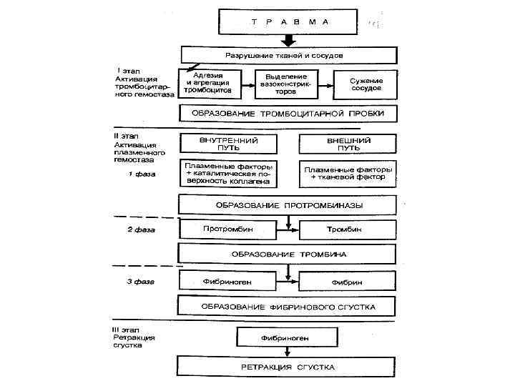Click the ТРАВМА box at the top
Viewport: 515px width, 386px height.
point(290,23)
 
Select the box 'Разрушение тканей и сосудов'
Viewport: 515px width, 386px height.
point(288,55)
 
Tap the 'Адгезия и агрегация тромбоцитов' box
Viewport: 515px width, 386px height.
point(209,84)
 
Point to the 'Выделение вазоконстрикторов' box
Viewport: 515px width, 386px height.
point(286,84)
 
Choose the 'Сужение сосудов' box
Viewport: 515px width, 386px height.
point(366,84)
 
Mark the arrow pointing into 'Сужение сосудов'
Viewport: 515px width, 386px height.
point(327,84)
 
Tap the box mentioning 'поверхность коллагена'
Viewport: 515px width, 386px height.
point(229,173)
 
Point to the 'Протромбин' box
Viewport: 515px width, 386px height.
point(228,229)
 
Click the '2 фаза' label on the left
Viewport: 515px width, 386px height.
point(141,230)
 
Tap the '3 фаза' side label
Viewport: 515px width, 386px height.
point(141,282)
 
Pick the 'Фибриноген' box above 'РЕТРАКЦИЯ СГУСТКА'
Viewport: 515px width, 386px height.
point(286,335)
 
